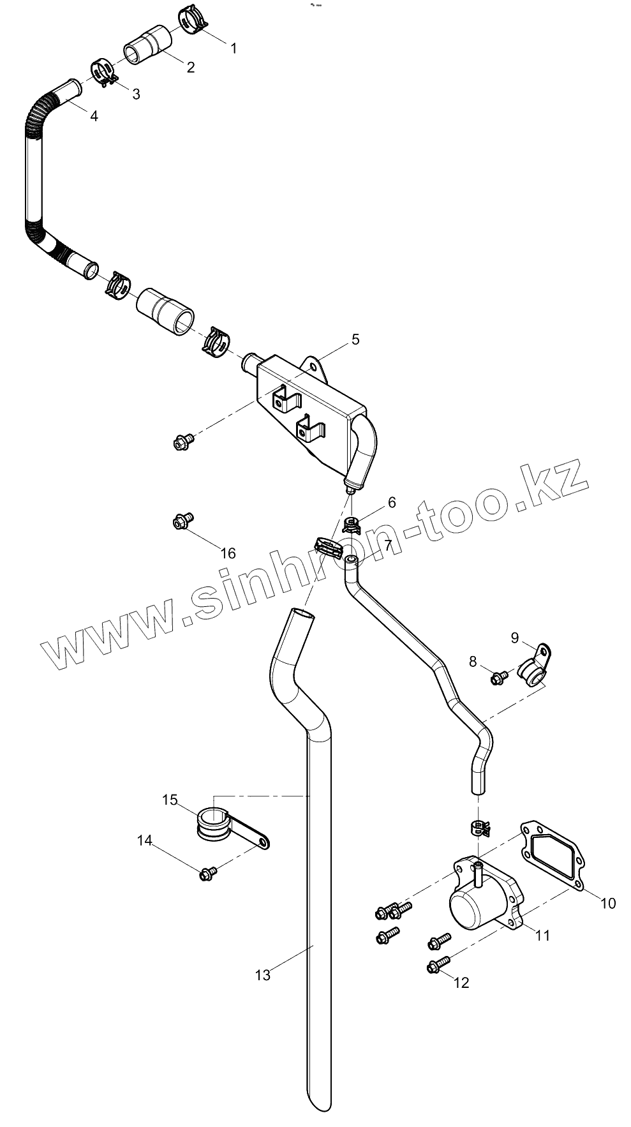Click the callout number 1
234,48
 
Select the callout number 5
355,339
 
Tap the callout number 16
228,553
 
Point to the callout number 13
262,974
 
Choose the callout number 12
461,982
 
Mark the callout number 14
145,840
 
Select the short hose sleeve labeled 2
147,45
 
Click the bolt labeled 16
181,521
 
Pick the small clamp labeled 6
352,525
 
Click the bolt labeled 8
499,676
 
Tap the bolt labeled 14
207,873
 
